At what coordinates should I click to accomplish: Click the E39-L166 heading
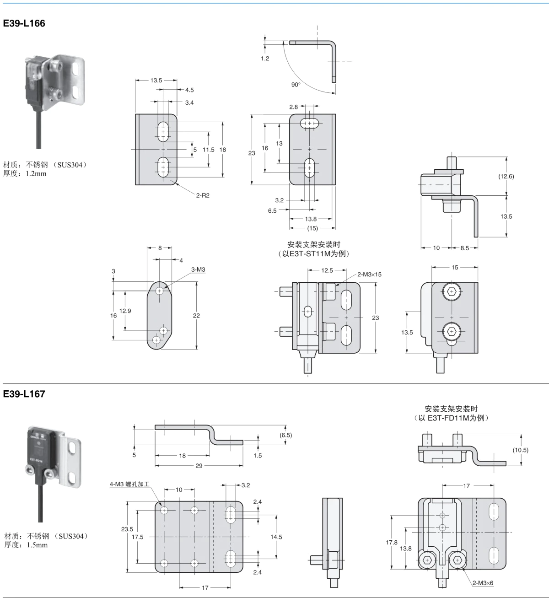point(24,23)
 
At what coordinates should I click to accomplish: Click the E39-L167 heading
point(24,394)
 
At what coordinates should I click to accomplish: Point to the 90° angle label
point(296,85)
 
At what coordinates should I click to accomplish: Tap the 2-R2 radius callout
point(203,195)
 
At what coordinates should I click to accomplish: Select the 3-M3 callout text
point(198,269)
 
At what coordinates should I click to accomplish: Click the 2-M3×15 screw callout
point(369,275)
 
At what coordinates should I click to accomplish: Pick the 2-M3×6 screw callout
point(483,583)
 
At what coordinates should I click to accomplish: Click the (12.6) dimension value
point(506,177)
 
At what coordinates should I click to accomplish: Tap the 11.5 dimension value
point(209,150)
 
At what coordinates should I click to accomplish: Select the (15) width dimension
point(312,228)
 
